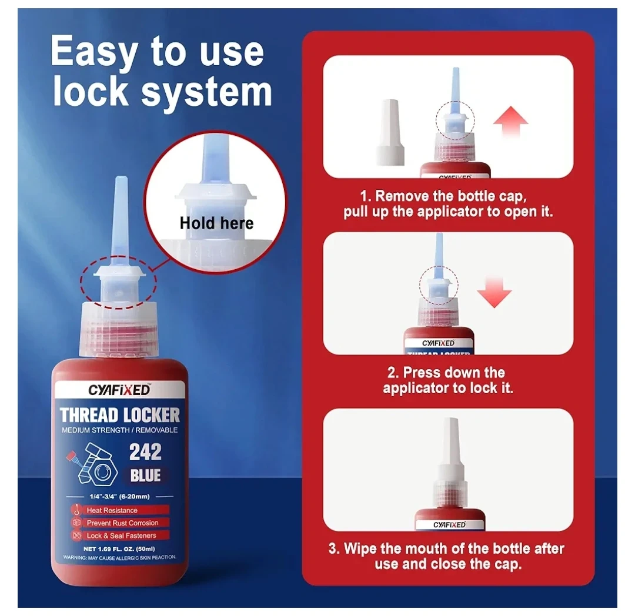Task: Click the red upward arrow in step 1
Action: (x=510, y=122)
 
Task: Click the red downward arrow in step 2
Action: (x=494, y=293)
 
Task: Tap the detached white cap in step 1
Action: (x=390, y=132)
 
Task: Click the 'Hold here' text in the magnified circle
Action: (x=216, y=223)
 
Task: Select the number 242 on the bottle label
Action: (x=145, y=452)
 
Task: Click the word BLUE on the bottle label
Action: (x=145, y=476)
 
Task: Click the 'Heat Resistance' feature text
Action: (x=112, y=510)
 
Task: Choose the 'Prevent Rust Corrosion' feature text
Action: (x=122, y=523)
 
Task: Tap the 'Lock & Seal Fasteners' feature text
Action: (x=122, y=535)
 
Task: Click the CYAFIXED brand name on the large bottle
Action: (x=119, y=390)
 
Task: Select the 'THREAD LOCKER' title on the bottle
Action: (x=119, y=415)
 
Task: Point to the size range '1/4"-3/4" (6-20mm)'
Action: (x=119, y=497)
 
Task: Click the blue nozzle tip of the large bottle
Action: (x=121, y=217)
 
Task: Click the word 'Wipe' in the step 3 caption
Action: (x=360, y=549)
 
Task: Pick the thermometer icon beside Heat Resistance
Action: (x=76, y=510)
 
